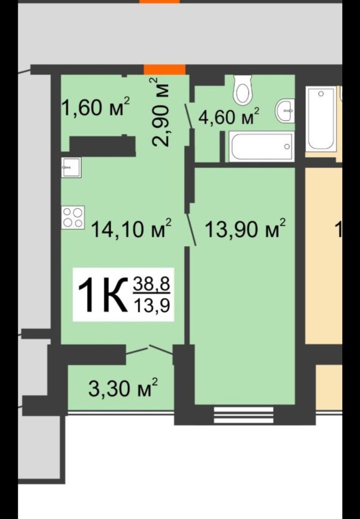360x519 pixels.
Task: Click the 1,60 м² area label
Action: (95, 107)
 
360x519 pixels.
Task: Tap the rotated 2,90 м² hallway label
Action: (161, 112)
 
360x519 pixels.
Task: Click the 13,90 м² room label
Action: (245, 229)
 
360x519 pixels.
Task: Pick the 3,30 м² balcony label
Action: (123, 389)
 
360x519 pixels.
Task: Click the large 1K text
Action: (101, 295)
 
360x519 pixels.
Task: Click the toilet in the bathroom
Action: (243, 90)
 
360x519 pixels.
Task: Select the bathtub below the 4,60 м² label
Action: (261, 147)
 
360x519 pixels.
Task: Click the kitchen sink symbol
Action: (71, 167)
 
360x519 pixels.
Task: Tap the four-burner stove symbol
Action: (73, 217)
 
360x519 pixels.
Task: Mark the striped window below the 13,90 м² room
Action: (243, 414)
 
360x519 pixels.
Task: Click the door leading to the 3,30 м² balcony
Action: (150, 350)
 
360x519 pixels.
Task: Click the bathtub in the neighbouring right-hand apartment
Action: (321, 119)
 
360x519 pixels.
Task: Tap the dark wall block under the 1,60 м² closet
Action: (102, 145)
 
